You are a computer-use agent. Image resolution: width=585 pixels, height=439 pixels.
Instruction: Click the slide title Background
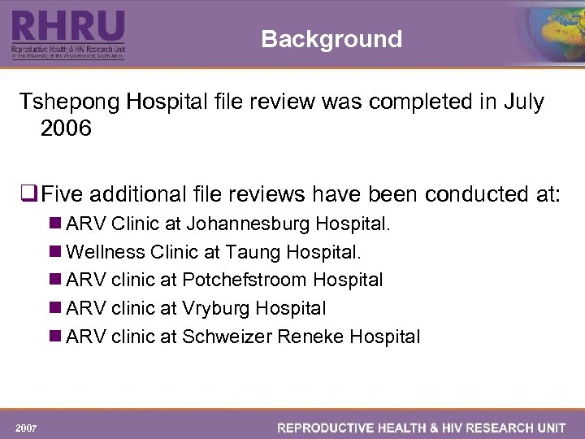pos(331,39)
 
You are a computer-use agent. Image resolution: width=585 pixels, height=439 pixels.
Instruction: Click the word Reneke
pos(309,337)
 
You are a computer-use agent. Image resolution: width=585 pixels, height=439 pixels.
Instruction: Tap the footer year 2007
pos(27,428)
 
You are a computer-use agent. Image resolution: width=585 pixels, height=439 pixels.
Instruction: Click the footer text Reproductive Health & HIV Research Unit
pos(422,428)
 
